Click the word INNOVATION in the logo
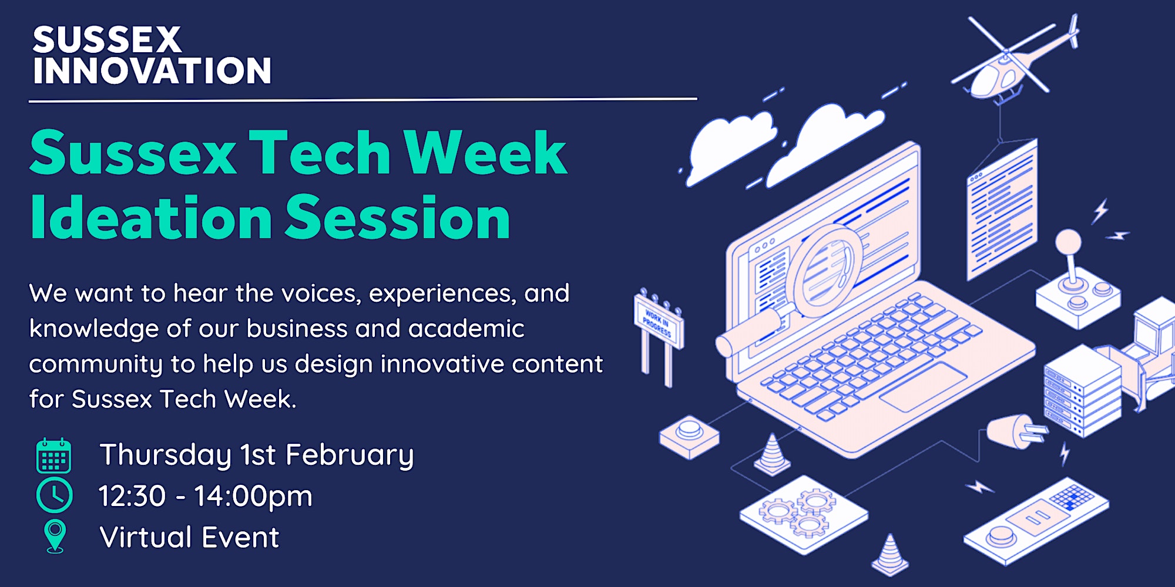pos(152,71)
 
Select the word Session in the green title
pos(398,218)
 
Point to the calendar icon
pos(54,456)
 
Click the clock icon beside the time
pos(55,495)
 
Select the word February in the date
pos(350,456)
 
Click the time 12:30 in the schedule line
pos(132,496)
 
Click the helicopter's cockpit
pos(987,82)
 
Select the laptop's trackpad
pos(923,387)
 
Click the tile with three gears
pos(804,515)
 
